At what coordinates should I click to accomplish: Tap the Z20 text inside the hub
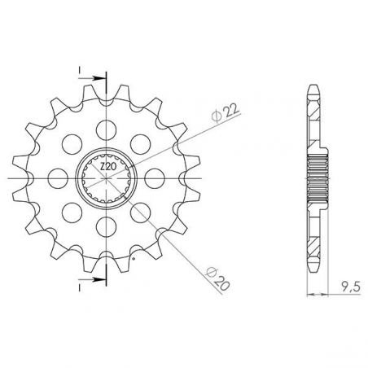[107, 169]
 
